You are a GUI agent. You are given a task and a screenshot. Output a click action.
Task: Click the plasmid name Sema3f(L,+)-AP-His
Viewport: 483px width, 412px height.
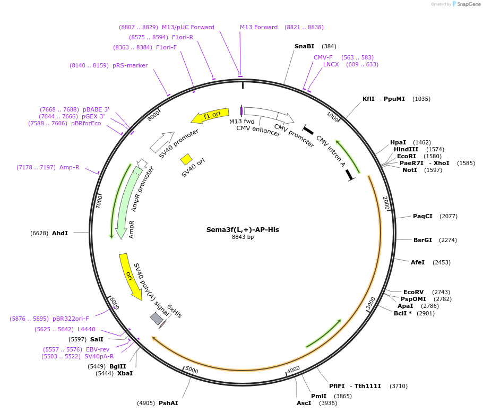point(243,230)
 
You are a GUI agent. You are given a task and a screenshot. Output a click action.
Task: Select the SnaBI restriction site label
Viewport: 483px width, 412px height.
point(304,46)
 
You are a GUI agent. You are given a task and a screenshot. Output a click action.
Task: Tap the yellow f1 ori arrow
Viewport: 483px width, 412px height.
point(211,115)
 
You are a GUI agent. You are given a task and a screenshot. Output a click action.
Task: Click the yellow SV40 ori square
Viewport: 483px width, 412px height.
point(186,159)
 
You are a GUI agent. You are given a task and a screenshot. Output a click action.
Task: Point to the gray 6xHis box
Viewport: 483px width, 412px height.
point(157,318)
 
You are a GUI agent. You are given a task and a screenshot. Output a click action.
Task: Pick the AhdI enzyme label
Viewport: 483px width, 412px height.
point(60,233)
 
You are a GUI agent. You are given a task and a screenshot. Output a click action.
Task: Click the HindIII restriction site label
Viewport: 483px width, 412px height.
point(406,149)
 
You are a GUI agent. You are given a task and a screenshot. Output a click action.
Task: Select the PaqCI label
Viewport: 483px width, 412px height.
point(422,216)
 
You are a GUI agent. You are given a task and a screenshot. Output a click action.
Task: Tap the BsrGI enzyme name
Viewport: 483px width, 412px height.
point(422,240)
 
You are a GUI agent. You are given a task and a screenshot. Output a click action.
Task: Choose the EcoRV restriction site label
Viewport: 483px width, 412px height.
point(413,292)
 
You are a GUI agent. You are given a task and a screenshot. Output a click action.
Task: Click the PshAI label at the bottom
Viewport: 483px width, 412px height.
point(168,403)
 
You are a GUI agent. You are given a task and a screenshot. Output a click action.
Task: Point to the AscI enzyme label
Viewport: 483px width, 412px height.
point(304,403)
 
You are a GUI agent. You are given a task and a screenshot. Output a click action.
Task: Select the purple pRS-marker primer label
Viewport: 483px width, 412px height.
point(130,65)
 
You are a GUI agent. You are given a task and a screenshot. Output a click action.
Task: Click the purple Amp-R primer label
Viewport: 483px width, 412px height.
point(70,167)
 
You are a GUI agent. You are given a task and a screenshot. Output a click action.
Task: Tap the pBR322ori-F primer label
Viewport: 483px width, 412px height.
point(71,319)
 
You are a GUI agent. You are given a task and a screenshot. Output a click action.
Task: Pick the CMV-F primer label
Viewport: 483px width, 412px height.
point(323,57)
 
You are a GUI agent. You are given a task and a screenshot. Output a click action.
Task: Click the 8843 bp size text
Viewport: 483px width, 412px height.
point(243,237)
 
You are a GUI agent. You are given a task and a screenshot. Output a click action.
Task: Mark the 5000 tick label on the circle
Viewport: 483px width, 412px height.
point(192,370)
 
